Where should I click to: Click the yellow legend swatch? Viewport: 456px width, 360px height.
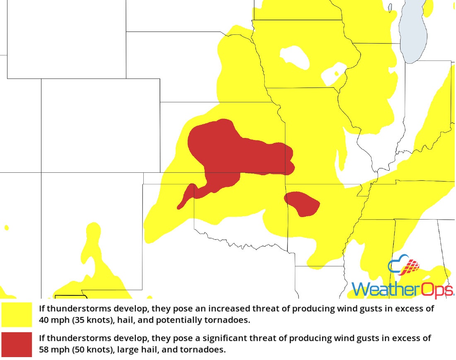pyautogui.click(x=17, y=314)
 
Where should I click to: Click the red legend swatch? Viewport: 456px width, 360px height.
pyautogui.click(x=17, y=344)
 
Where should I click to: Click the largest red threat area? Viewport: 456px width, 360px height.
pyautogui.click(x=232, y=153)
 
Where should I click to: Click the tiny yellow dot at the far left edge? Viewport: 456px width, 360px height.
pyautogui.click(x=6, y=227)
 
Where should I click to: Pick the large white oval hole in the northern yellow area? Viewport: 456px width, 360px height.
pyautogui.click(x=294, y=58)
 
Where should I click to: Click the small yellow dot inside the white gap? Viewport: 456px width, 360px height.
pyautogui.click(x=336, y=74)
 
